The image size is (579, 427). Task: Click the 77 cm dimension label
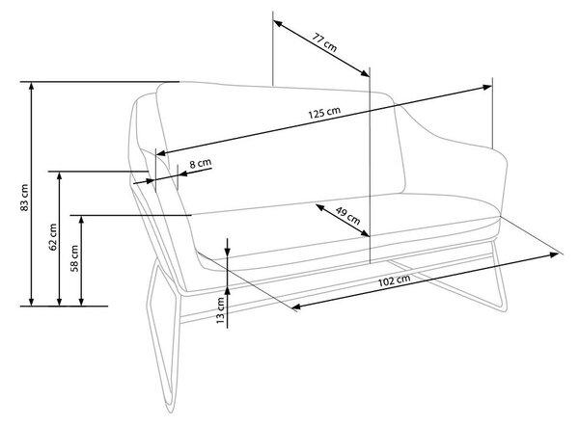pos(325,42)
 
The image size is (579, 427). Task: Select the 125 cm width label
pos(324,113)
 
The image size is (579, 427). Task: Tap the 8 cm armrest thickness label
pos(201,163)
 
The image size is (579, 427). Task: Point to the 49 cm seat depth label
pos(347,216)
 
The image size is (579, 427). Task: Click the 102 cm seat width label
pos(394,280)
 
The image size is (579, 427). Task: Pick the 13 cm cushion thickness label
pos(220,310)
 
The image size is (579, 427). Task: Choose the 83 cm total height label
pos(24,198)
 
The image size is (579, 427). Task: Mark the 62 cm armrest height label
pos(53,237)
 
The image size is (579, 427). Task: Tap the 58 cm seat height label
pos(74,258)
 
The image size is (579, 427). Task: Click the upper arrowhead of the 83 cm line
pos(32,87)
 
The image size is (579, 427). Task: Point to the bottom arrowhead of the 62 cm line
pos(60,301)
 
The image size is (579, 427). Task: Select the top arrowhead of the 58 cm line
pos(82,220)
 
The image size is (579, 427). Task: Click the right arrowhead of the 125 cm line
pos(487,88)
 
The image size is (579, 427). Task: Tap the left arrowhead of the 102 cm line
pos(296,307)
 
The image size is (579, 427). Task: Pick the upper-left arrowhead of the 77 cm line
pos(278,23)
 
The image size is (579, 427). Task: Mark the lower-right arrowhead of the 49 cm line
pos(365,233)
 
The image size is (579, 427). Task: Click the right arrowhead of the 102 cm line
pos(553,254)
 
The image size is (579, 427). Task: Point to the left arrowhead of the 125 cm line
pos(162,152)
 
